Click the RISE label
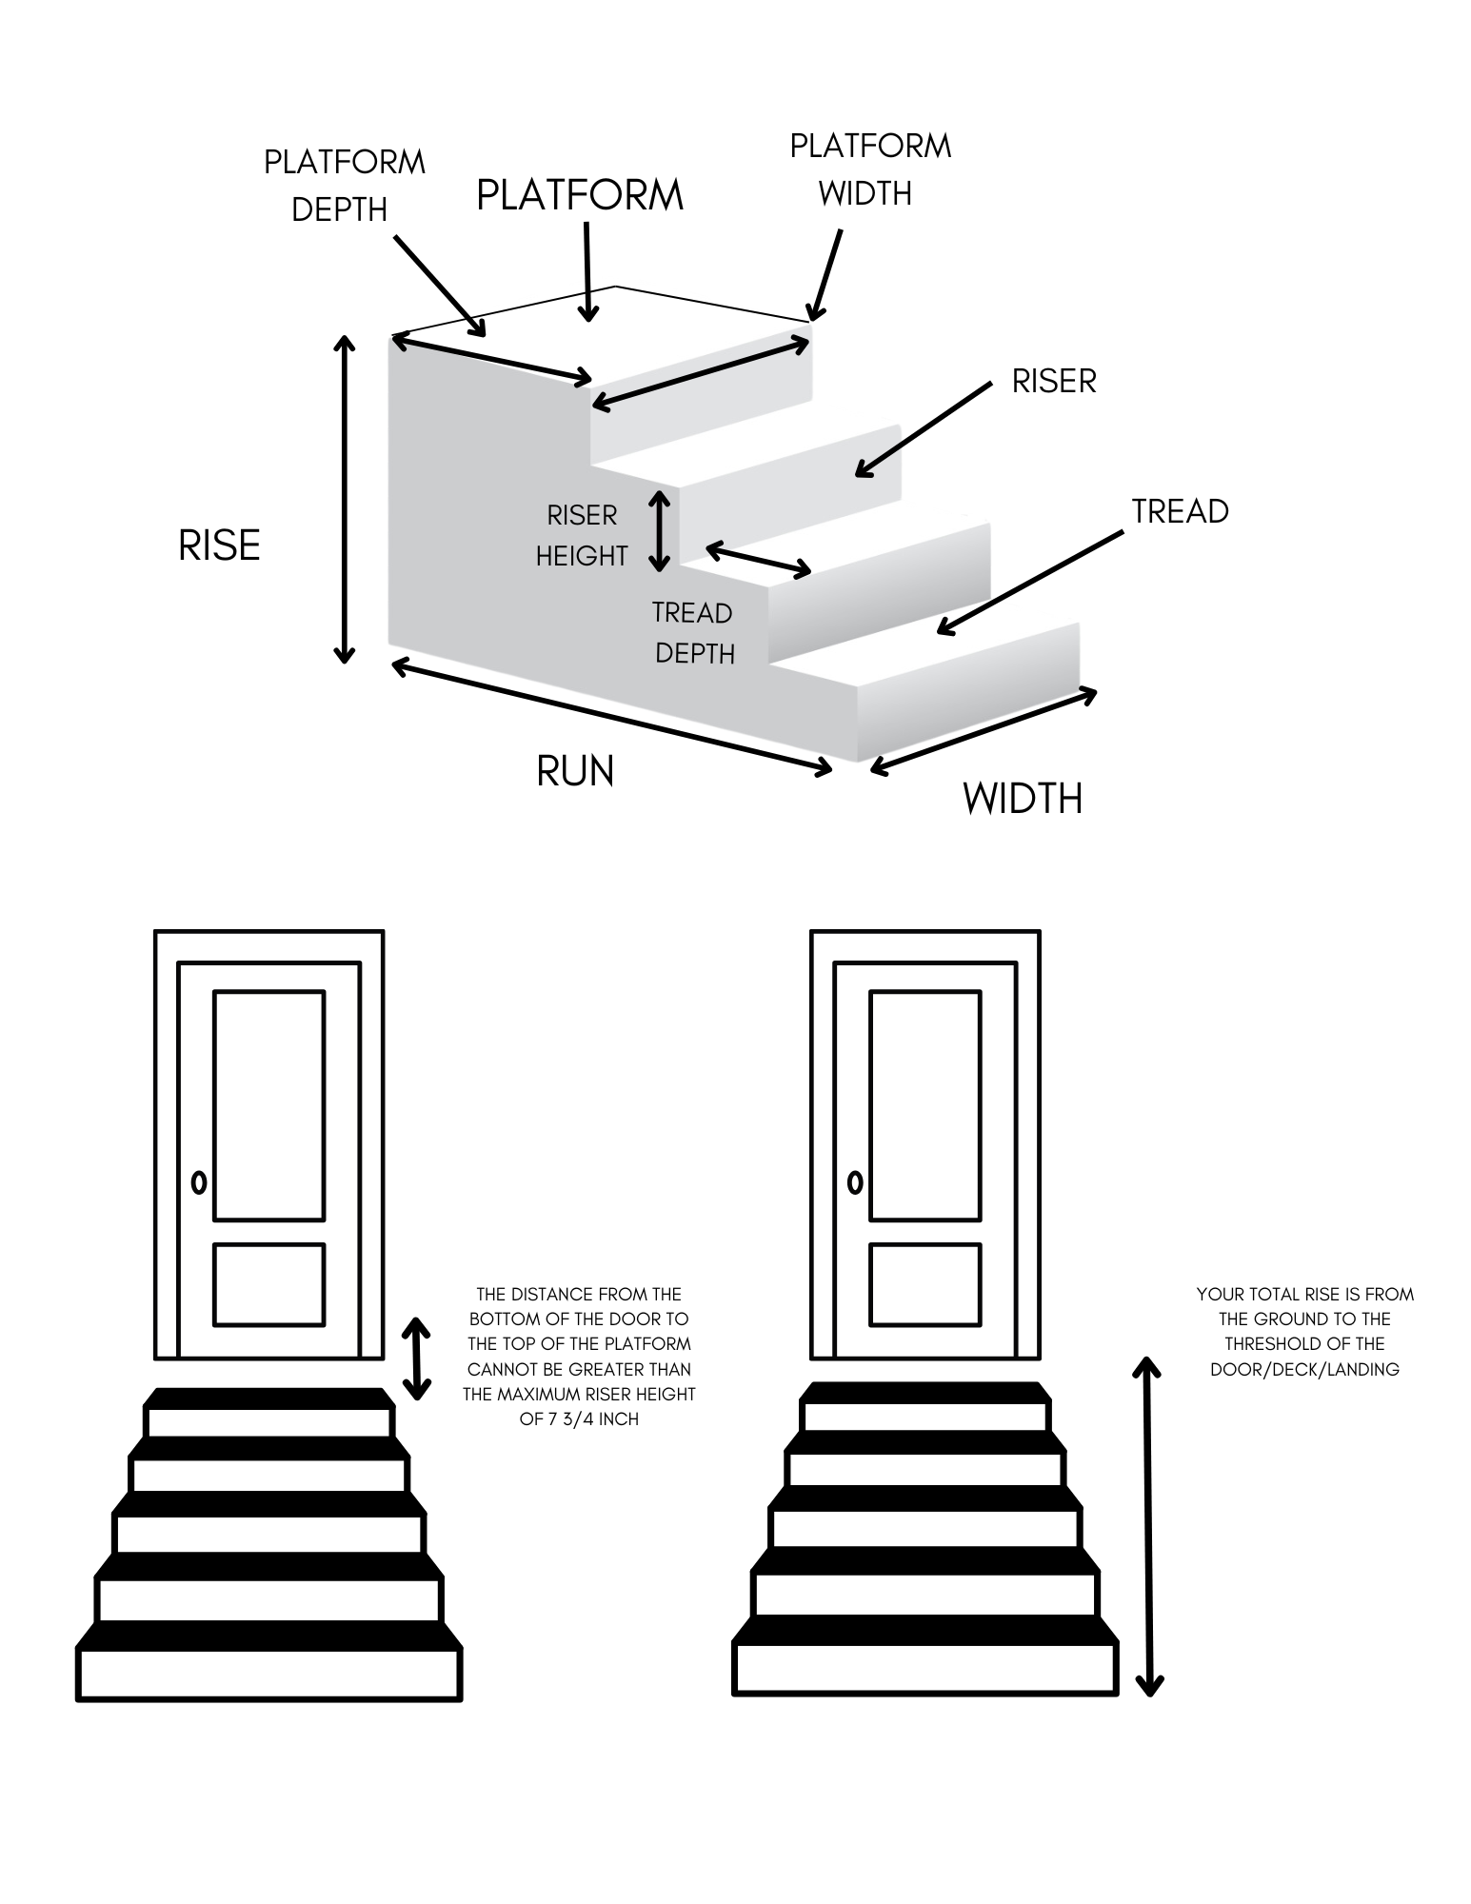[x=219, y=545]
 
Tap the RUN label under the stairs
[x=575, y=771]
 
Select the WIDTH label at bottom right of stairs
[x=1023, y=798]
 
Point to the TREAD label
[x=1180, y=512]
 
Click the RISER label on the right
[x=1053, y=382]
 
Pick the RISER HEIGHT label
[x=582, y=535]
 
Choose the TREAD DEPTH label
[x=694, y=632]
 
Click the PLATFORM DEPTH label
[x=344, y=186]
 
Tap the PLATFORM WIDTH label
[x=869, y=169]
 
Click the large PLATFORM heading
[x=580, y=195]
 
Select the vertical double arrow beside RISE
[x=345, y=499]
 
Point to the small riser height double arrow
[x=659, y=530]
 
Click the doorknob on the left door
[x=199, y=1182]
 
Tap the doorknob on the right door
[x=855, y=1182]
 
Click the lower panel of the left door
[x=268, y=1284]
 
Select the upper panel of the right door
[x=924, y=1105]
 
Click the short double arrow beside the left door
[x=416, y=1359]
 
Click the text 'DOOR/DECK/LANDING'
[x=1304, y=1370]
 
